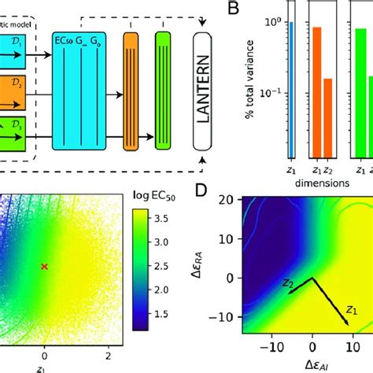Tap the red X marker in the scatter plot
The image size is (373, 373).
point(44,267)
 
